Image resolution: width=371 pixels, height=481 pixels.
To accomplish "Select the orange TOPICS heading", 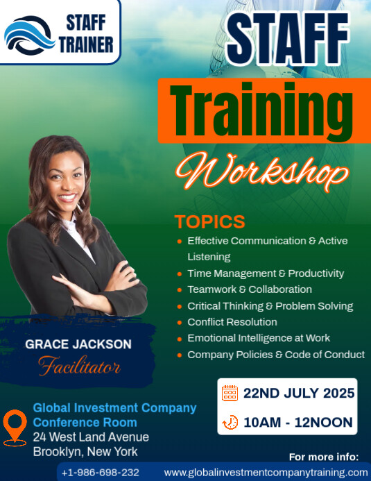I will [x=209, y=222].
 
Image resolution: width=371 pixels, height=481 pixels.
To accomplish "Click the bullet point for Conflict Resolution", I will [x=180, y=322].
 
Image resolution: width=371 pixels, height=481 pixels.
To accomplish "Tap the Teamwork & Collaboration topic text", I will [x=249, y=289].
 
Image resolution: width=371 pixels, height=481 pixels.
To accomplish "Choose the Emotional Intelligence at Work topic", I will [x=259, y=338].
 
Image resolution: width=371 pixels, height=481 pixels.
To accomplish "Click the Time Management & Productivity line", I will [x=266, y=273].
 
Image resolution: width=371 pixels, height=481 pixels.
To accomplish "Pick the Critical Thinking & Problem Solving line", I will [x=270, y=306].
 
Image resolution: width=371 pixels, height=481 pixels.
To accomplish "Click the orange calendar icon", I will [x=230, y=393].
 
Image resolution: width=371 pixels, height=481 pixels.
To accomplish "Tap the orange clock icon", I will [x=230, y=422].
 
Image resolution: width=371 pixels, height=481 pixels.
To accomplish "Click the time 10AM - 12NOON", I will [x=297, y=422].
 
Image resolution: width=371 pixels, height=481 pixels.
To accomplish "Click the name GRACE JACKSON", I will [x=78, y=344].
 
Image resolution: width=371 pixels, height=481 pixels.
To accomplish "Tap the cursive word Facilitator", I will [x=78, y=365].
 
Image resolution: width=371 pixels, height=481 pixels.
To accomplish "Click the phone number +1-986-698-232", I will [x=101, y=473].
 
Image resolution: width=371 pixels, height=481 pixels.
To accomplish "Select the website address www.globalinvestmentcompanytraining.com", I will [x=266, y=473].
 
